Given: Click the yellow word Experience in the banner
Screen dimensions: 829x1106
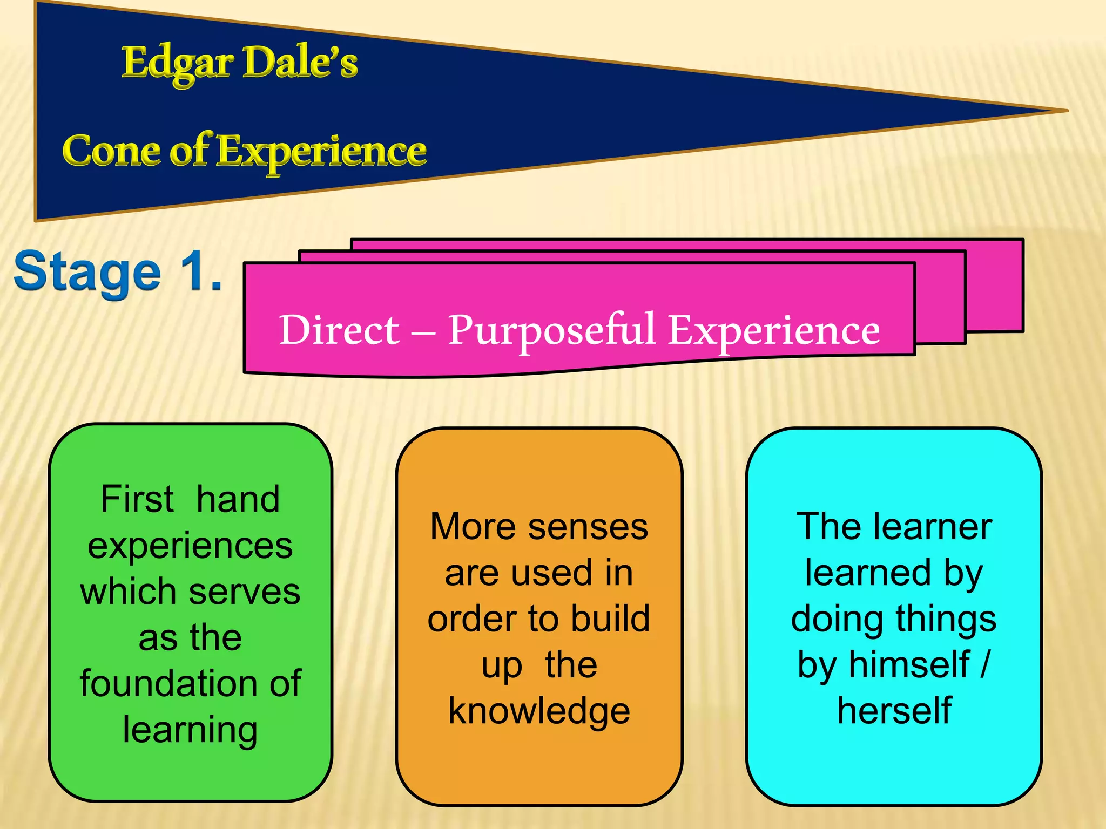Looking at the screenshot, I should [x=322, y=152].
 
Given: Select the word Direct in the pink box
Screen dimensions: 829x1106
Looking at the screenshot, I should [x=339, y=330].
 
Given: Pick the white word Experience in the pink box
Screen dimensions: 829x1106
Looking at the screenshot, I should [x=774, y=330].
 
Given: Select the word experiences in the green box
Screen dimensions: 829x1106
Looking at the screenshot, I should [x=190, y=545].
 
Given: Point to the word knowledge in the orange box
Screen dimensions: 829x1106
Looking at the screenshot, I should [x=539, y=711].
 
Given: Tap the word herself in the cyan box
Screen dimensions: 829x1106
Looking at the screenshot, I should [x=894, y=711].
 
